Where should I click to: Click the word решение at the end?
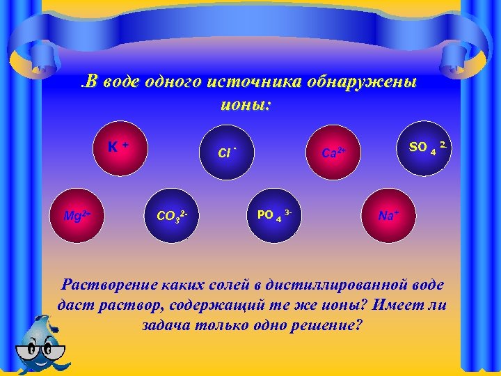tap(328, 325)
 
